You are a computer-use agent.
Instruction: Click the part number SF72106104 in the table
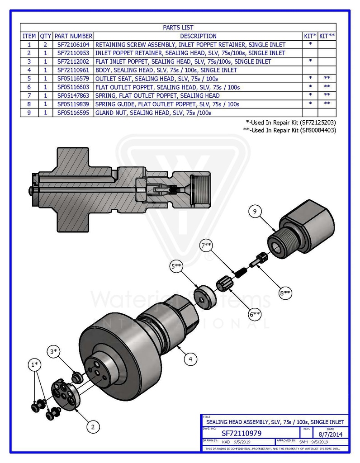pos(73,45)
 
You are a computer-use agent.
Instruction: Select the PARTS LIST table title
pos(178,28)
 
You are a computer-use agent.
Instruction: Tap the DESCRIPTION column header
pos(198,36)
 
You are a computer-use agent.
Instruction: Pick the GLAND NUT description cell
pos(153,113)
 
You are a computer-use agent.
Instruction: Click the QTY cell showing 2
pos(45,45)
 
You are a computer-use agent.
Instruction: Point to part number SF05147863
pos(73,95)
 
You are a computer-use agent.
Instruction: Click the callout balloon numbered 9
pos(255,211)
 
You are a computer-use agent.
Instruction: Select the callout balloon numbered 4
pos(190,359)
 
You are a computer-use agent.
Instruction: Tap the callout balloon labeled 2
pos(93,426)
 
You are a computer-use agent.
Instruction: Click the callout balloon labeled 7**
pos(207,246)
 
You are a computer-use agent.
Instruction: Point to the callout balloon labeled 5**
pos(177,267)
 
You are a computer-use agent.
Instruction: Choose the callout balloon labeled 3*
pos(54,351)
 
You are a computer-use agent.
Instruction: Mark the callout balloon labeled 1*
pos(34,364)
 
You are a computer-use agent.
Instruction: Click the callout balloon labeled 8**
pos(285,293)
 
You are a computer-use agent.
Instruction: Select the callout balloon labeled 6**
pos(256,314)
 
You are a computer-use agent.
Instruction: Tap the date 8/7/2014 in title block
pos(330,433)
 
